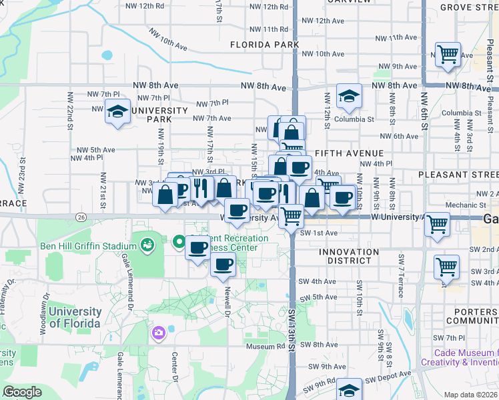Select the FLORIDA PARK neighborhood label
point(265,45)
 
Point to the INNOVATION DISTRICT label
point(348,252)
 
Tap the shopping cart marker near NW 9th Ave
point(448,55)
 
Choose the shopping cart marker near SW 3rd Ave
point(446,267)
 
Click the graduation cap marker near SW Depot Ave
point(348,390)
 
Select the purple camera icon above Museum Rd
point(158,333)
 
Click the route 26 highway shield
point(81,217)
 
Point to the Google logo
point(23,392)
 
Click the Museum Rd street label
point(265,346)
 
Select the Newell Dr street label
point(227,298)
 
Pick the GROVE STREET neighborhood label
point(468,8)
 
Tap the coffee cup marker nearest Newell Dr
point(223,264)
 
